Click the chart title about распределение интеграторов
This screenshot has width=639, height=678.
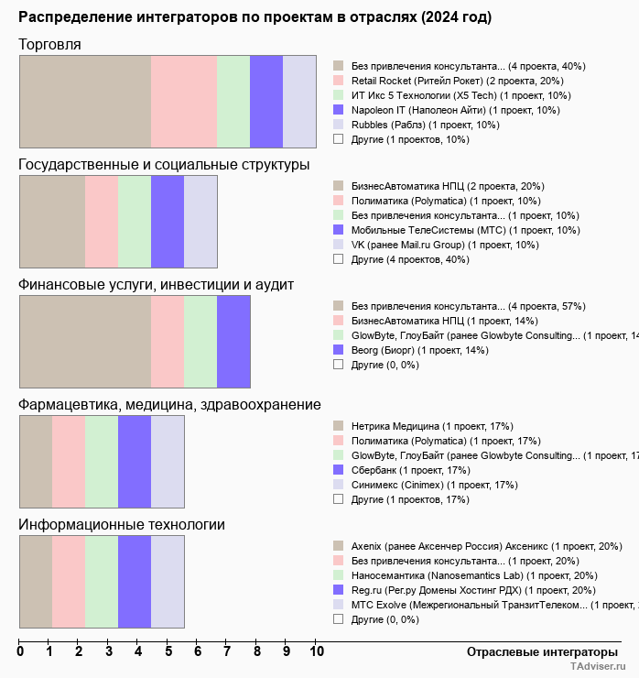click(255, 17)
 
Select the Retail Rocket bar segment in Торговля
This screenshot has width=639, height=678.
click(183, 101)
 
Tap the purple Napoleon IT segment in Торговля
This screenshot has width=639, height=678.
click(265, 101)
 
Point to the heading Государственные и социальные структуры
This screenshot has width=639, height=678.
click(164, 165)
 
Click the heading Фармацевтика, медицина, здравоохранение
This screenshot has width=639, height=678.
click(169, 405)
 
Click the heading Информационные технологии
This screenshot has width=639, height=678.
click(122, 525)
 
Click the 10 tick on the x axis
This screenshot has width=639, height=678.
click(317, 652)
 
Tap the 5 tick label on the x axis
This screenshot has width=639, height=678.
click(168, 652)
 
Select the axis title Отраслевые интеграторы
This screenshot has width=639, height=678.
click(536, 651)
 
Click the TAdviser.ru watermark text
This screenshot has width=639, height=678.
click(599, 667)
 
